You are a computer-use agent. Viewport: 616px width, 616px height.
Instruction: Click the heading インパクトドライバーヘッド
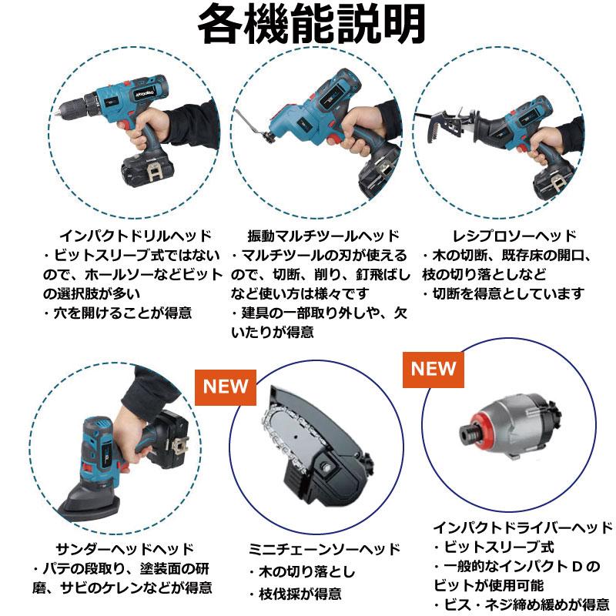(x=523, y=527)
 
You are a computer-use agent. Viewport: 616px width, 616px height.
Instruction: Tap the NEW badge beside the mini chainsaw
(x=226, y=386)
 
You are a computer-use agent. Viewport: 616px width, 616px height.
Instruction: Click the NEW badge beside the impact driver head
(x=433, y=368)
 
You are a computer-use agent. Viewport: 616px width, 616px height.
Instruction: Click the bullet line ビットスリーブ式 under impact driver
(x=493, y=547)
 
